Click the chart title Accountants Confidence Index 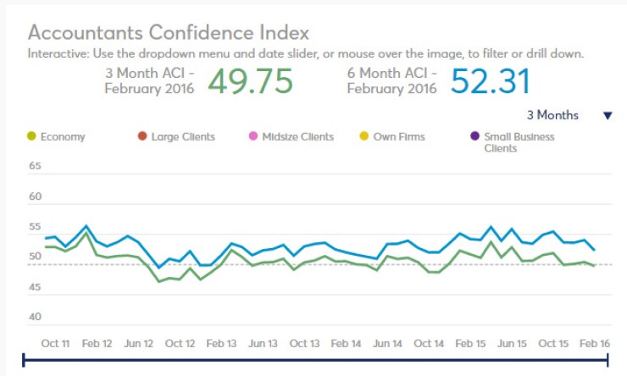pyautogui.click(x=169, y=33)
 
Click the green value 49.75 pyautogui.click(x=250, y=81)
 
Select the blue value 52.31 pyautogui.click(x=490, y=81)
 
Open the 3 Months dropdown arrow pyautogui.click(x=607, y=116)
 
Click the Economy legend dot pyautogui.click(x=32, y=136)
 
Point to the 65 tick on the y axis pyautogui.click(x=35, y=167)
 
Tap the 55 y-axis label pyautogui.click(x=35, y=227)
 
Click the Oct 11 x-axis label pyautogui.click(x=55, y=344)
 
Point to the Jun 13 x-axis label pyautogui.click(x=263, y=344)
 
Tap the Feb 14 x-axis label pyautogui.click(x=346, y=344)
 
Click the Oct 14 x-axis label pyautogui.click(x=429, y=344)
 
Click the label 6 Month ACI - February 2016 pyautogui.click(x=392, y=81)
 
